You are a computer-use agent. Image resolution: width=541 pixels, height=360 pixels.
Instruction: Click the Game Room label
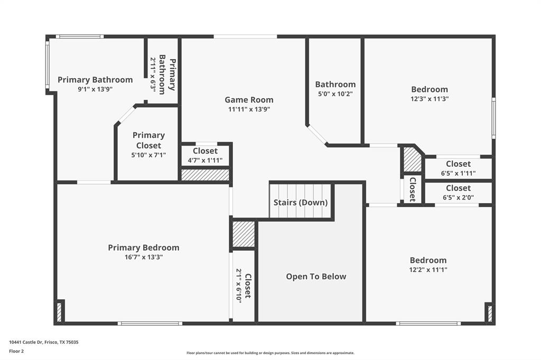click(x=249, y=100)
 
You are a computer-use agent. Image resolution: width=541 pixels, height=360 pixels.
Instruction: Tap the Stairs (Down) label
click(x=300, y=203)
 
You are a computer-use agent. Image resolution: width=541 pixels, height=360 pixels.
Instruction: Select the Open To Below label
click(x=316, y=277)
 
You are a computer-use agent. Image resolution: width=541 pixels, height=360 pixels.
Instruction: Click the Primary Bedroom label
click(x=143, y=248)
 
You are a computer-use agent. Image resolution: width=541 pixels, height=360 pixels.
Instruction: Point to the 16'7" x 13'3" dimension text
click(x=143, y=258)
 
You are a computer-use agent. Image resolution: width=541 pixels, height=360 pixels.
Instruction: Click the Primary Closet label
click(x=148, y=140)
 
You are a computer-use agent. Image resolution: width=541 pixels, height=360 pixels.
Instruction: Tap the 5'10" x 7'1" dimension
click(x=148, y=155)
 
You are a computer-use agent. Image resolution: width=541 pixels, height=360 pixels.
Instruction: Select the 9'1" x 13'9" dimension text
click(x=95, y=89)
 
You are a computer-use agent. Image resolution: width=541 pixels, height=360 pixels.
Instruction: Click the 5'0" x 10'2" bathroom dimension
click(x=335, y=94)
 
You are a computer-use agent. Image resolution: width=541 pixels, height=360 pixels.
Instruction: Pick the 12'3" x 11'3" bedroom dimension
click(x=429, y=99)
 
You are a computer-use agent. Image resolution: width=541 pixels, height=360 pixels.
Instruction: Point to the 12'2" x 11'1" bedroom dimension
click(x=428, y=270)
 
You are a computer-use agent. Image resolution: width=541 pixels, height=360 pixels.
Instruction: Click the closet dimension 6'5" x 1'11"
click(x=458, y=173)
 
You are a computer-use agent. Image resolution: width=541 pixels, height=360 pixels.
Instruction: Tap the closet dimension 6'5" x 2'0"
click(x=458, y=198)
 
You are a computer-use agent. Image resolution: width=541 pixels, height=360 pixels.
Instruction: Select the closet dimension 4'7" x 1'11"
click(x=205, y=160)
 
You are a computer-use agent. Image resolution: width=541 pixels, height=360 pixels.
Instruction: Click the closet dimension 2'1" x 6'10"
click(x=238, y=286)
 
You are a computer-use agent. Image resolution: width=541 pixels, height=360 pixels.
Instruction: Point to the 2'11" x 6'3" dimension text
click(x=153, y=75)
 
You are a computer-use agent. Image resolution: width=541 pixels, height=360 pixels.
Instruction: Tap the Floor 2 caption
click(x=16, y=351)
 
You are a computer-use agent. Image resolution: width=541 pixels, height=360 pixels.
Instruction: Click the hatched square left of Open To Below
click(x=244, y=234)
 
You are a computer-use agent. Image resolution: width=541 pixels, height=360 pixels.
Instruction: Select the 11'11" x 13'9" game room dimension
click(x=249, y=109)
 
